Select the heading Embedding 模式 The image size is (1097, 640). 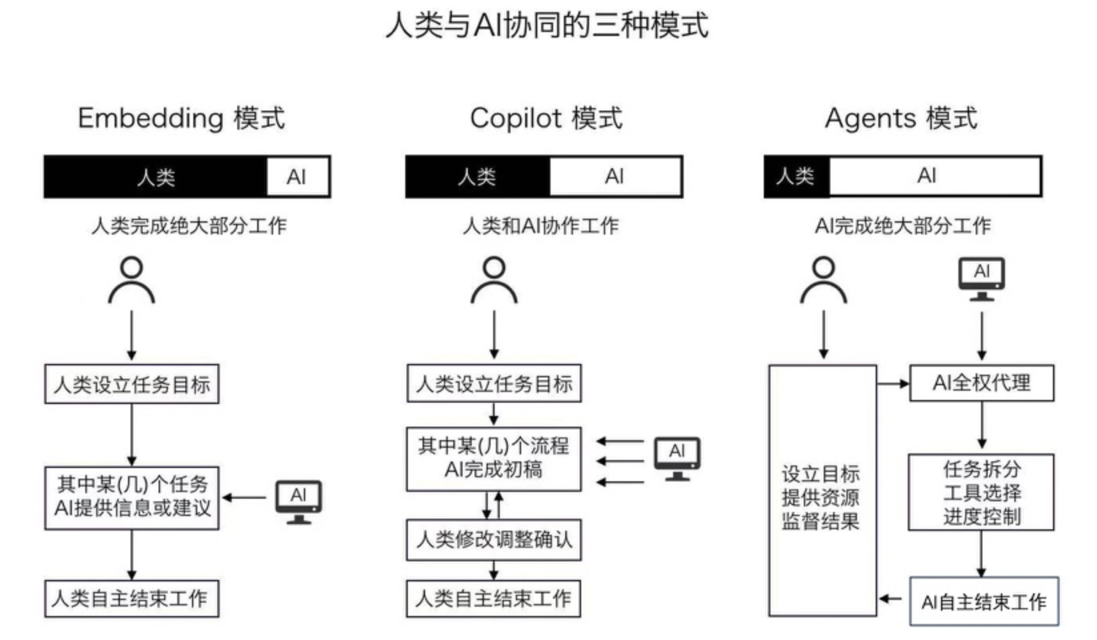point(181,119)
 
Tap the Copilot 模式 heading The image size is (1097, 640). point(546,119)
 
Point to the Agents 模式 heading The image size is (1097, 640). point(900,119)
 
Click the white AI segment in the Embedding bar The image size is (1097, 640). point(297,177)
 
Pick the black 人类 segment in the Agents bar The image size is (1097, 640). point(796,177)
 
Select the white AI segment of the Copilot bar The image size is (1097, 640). point(614,177)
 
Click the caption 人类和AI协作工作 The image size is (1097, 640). point(541,226)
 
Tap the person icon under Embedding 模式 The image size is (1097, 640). point(131,280)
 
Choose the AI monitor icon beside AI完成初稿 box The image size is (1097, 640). point(676,458)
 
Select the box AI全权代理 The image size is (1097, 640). point(981,383)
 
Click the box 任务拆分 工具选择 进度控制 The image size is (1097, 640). point(981,493)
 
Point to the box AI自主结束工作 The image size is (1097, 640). point(984,602)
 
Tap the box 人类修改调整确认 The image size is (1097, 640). point(494,539)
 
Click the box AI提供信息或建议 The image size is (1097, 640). point(132,497)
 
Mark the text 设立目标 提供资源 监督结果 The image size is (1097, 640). point(820,497)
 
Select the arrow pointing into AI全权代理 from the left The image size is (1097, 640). point(893,383)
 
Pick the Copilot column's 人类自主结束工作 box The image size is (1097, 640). point(493,598)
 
